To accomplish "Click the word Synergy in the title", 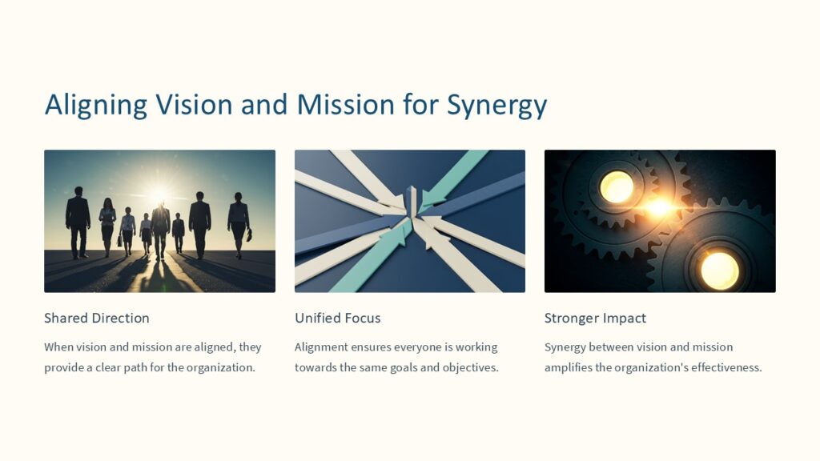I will [496, 106].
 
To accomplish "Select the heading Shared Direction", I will [97, 318].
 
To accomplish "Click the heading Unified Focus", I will [337, 318].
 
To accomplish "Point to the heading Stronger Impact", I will [595, 318].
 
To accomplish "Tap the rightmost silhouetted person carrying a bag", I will [239, 223].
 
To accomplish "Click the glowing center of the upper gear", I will [617, 186].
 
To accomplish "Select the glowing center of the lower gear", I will [719, 270].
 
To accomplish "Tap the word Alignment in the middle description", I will [320, 347].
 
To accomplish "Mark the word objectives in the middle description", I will [470, 368].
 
